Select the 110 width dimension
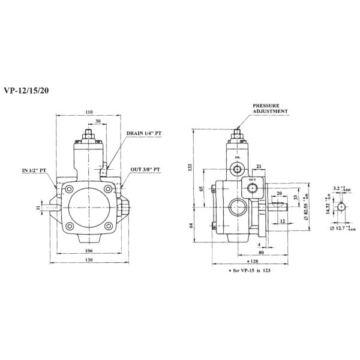(x=89, y=112)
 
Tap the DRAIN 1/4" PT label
(x=143, y=136)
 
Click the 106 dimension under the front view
(x=89, y=250)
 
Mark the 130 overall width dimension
(x=89, y=260)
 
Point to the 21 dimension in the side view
(x=259, y=166)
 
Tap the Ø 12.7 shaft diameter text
(x=344, y=228)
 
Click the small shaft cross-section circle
(x=341, y=206)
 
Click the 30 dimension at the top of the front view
(x=98, y=120)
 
